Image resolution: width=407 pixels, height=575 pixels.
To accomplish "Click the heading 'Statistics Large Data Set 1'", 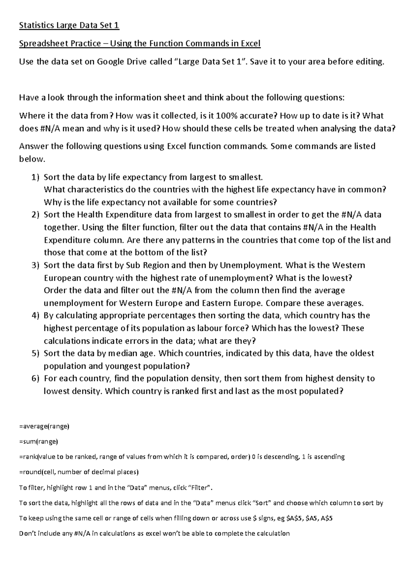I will pyautogui.click(x=69, y=25).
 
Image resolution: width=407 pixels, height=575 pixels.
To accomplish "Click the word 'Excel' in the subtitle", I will pyautogui.click(x=250, y=44).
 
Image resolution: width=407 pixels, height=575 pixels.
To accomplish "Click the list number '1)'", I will pyautogui.click(x=35, y=177).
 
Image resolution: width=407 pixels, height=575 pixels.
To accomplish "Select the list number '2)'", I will pyautogui.click(x=35, y=215).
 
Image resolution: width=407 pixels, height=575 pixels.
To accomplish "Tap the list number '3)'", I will pyautogui.click(x=35, y=265).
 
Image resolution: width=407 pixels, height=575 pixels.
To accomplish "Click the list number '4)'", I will pyautogui.click(x=35, y=316).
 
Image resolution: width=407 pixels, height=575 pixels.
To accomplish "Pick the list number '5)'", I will pyautogui.click(x=35, y=354).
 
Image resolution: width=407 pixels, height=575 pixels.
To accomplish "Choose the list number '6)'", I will pyautogui.click(x=35, y=378).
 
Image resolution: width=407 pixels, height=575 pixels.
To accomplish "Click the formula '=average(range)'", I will pyautogui.click(x=44, y=427).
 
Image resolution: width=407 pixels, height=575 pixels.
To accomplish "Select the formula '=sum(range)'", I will pyautogui.click(x=39, y=442).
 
